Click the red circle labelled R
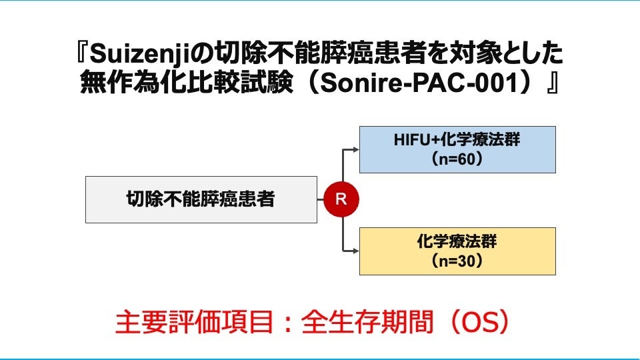(341, 199)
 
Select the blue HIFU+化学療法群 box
(457, 149)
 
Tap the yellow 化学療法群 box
(457, 251)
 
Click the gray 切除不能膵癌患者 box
(201, 199)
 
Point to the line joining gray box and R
(321, 199)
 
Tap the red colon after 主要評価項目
(288, 323)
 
